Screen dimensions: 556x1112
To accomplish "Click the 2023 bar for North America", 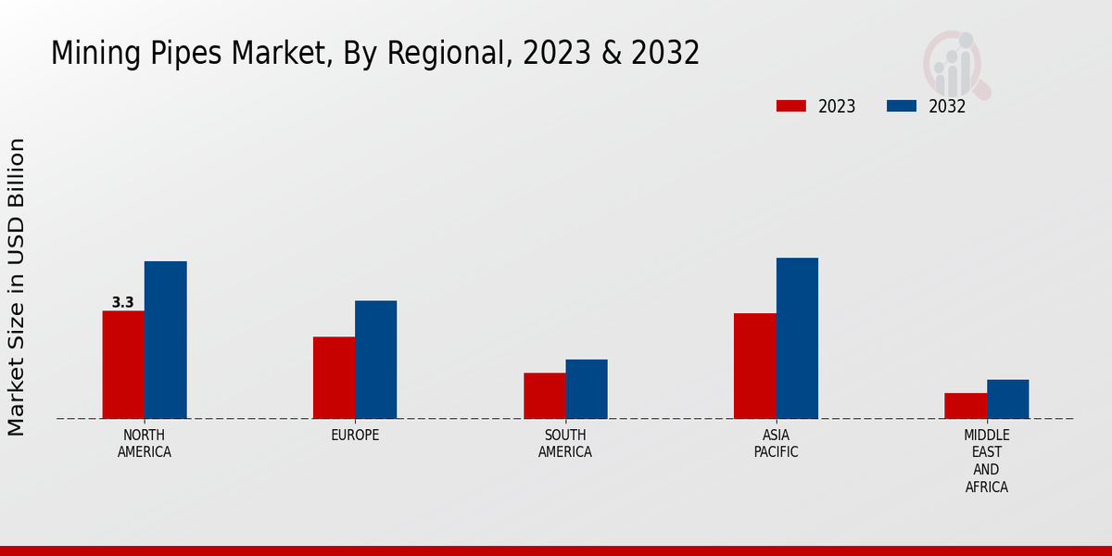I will pyautogui.click(x=123, y=364).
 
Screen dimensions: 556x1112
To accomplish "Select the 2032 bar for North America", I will pyautogui.click(x=165, y=339).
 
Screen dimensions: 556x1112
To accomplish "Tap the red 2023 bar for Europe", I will pyautogui.click(x=334, y=377).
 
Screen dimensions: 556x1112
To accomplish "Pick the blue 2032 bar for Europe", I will pyautogui.click(x=375, y=360).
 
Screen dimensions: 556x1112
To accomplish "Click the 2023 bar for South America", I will pyautogui.click(x=544, y=396).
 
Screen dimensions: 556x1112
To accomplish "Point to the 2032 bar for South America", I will pyautogui.click(x=587, y=389).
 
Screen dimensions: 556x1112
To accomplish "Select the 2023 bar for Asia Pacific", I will pyautogui.click(x=754, y=366).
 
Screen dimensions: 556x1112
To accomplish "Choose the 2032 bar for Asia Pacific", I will pyautogui.click(x=797, y=338).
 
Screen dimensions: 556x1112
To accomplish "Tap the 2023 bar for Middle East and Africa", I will pyautogui.click(x=966, y=406).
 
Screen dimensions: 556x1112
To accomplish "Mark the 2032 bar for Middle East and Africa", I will pyautogui.click(x=1007, y=399).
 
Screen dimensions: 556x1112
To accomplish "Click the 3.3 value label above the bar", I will pyautogui.click(x=122, y=302).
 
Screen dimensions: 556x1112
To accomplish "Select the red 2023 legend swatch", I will pyautogui.click(x=790, y=106).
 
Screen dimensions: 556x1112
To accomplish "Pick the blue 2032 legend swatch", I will pyautogui.click(x=901, y=106).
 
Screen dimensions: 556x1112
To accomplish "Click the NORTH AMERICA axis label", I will pyautogui.click(x=145, y=444).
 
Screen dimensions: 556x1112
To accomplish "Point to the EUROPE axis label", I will pyautogui.click(x=355, y=436).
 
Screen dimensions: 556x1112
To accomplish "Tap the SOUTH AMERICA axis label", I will pyautogui.click(x=565, y=444).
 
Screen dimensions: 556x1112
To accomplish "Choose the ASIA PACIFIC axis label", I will pyautogui.click(x=776, y=444).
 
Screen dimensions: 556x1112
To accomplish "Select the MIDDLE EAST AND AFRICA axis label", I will pyautogui.click(x=987, y=461).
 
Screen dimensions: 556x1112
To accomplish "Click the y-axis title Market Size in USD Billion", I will pyautogui.click(x=17, y=287).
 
